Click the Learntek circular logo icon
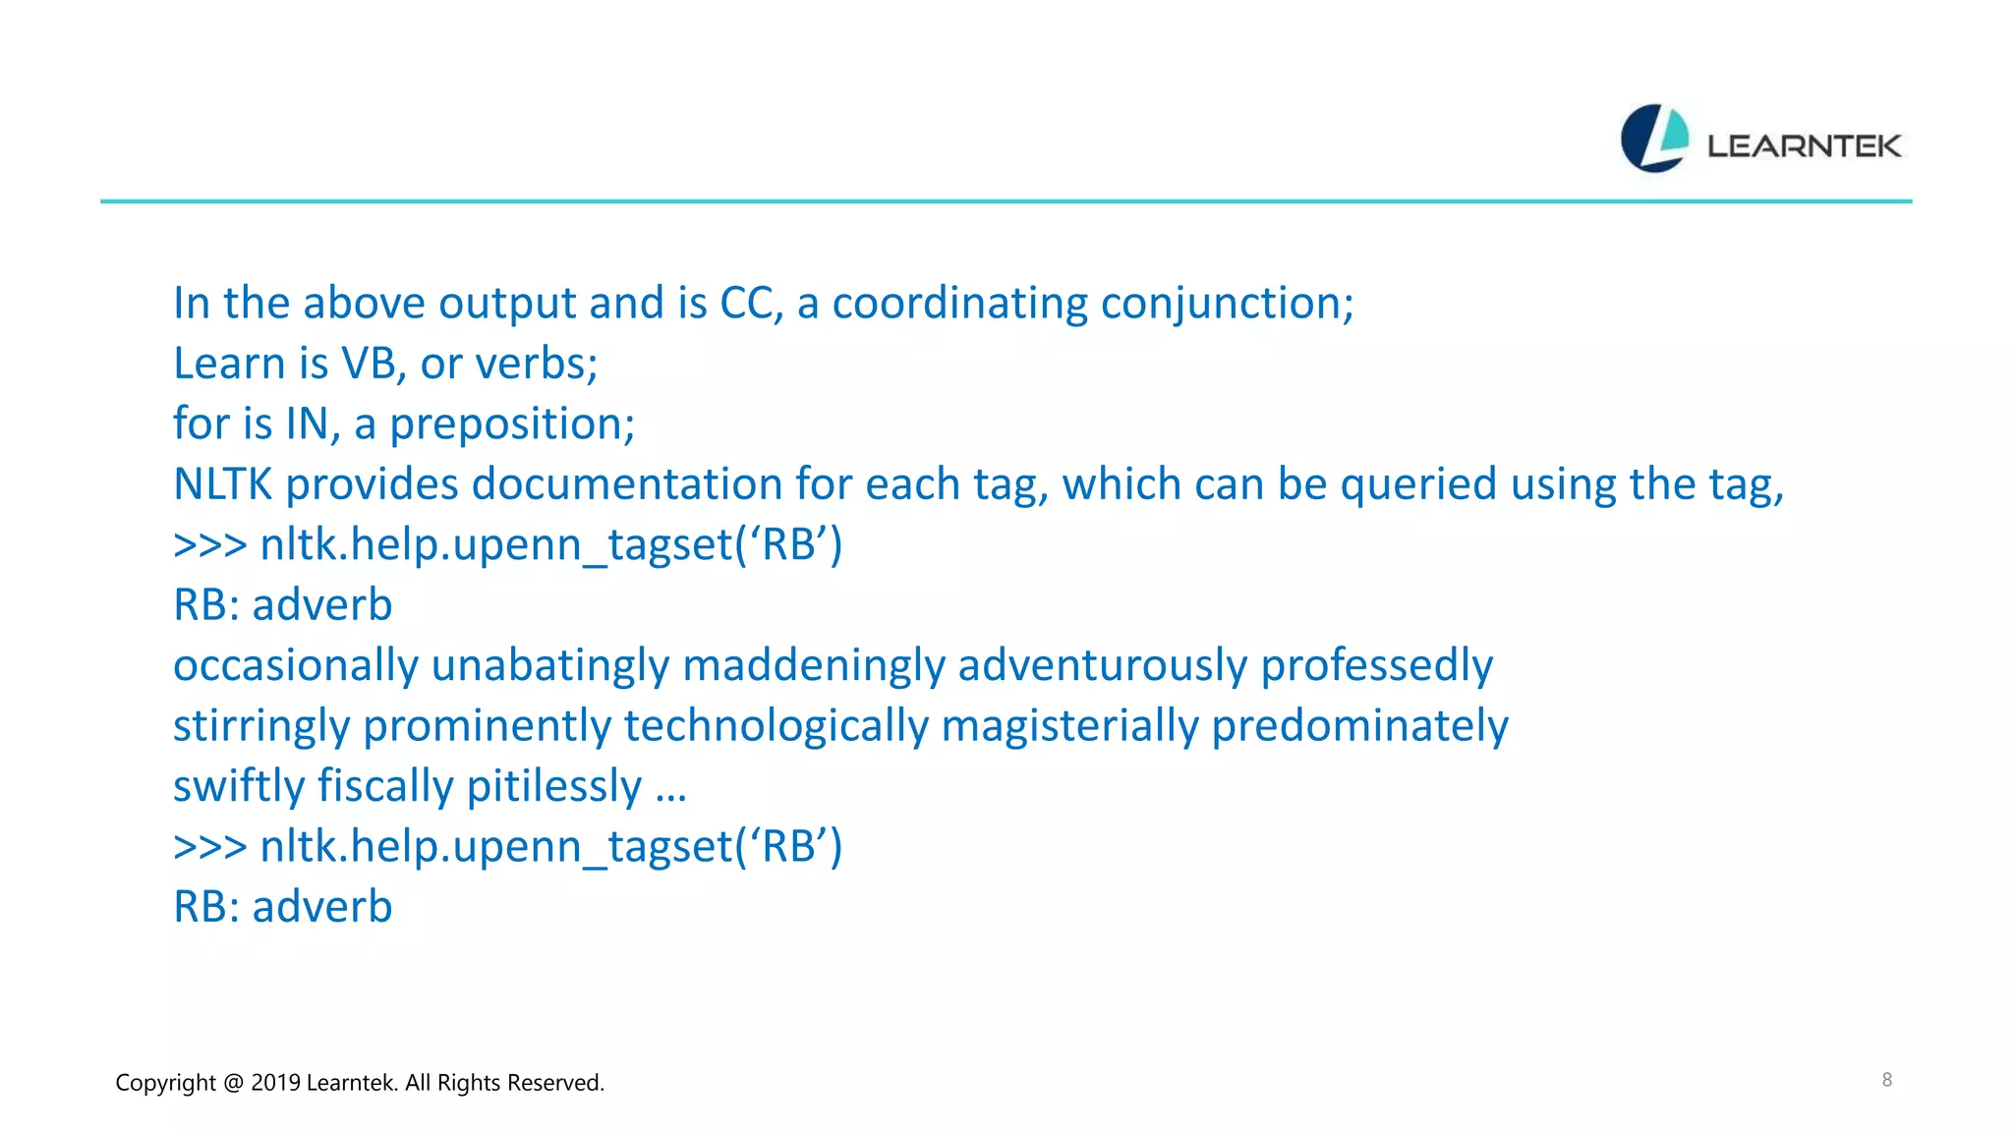pos(1654,139)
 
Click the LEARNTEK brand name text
pos(1804,146)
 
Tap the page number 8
pos(1886,1080)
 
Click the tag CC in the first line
pos(751,304)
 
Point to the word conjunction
pos(1227,304)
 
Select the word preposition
pos(511,425)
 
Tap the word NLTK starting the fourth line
pos(222,485)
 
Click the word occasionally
pos(296,666)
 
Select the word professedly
pos(1376,666)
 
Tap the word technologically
pos(776,727)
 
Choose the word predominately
pos(1359,727)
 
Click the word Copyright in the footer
pos(165,1083)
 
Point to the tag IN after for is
pos(307,425)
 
